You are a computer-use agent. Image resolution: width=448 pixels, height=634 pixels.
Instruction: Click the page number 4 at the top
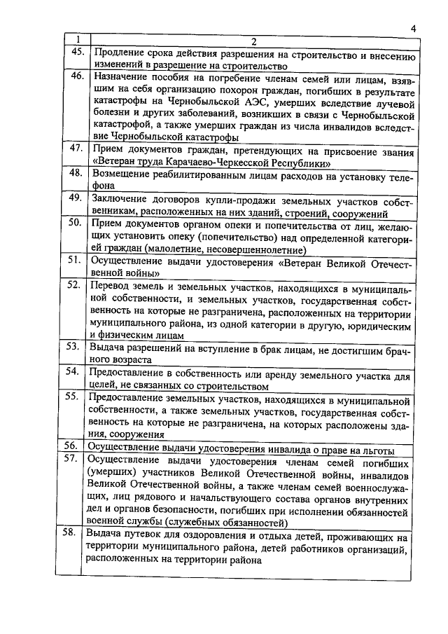[x=413, y=28]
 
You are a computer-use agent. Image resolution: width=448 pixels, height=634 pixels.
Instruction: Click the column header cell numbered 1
[x=78, y=40]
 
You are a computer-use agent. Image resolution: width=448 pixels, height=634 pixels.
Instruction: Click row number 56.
[x=75, y=446]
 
